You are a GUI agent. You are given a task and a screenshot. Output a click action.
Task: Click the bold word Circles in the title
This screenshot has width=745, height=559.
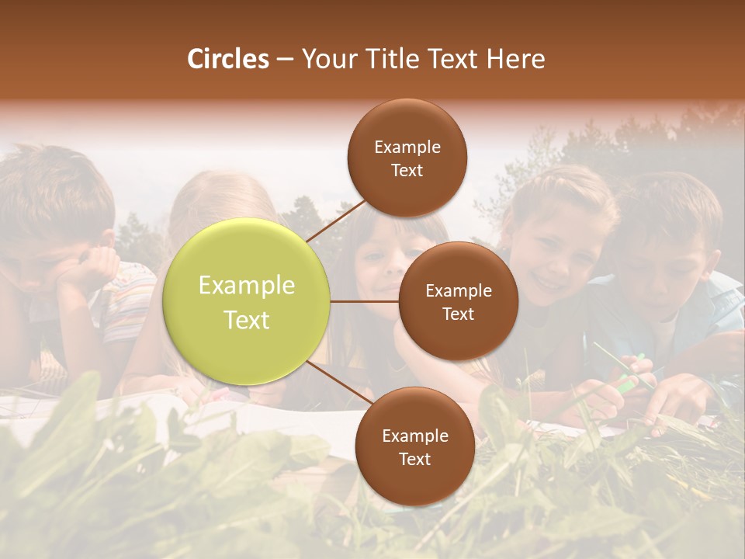click(228, 59)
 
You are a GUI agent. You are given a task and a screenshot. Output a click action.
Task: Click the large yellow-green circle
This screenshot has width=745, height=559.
click(247, 301)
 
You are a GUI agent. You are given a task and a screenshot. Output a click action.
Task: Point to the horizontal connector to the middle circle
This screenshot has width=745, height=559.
click(365, 301)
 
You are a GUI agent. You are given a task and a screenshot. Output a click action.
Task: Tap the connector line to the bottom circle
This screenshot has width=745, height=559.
click(340, 383)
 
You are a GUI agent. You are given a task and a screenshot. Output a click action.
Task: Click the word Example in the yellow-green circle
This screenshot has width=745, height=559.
click(247, 286)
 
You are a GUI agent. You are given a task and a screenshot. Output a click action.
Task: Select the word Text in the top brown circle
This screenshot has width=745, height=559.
click(407, 171)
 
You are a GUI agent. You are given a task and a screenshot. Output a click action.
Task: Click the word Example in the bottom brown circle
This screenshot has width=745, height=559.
click(414, 436)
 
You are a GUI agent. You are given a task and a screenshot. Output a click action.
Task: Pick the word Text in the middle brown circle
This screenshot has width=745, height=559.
click(458, 314)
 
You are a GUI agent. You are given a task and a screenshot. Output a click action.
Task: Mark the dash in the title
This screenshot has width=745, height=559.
click(285, 60)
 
